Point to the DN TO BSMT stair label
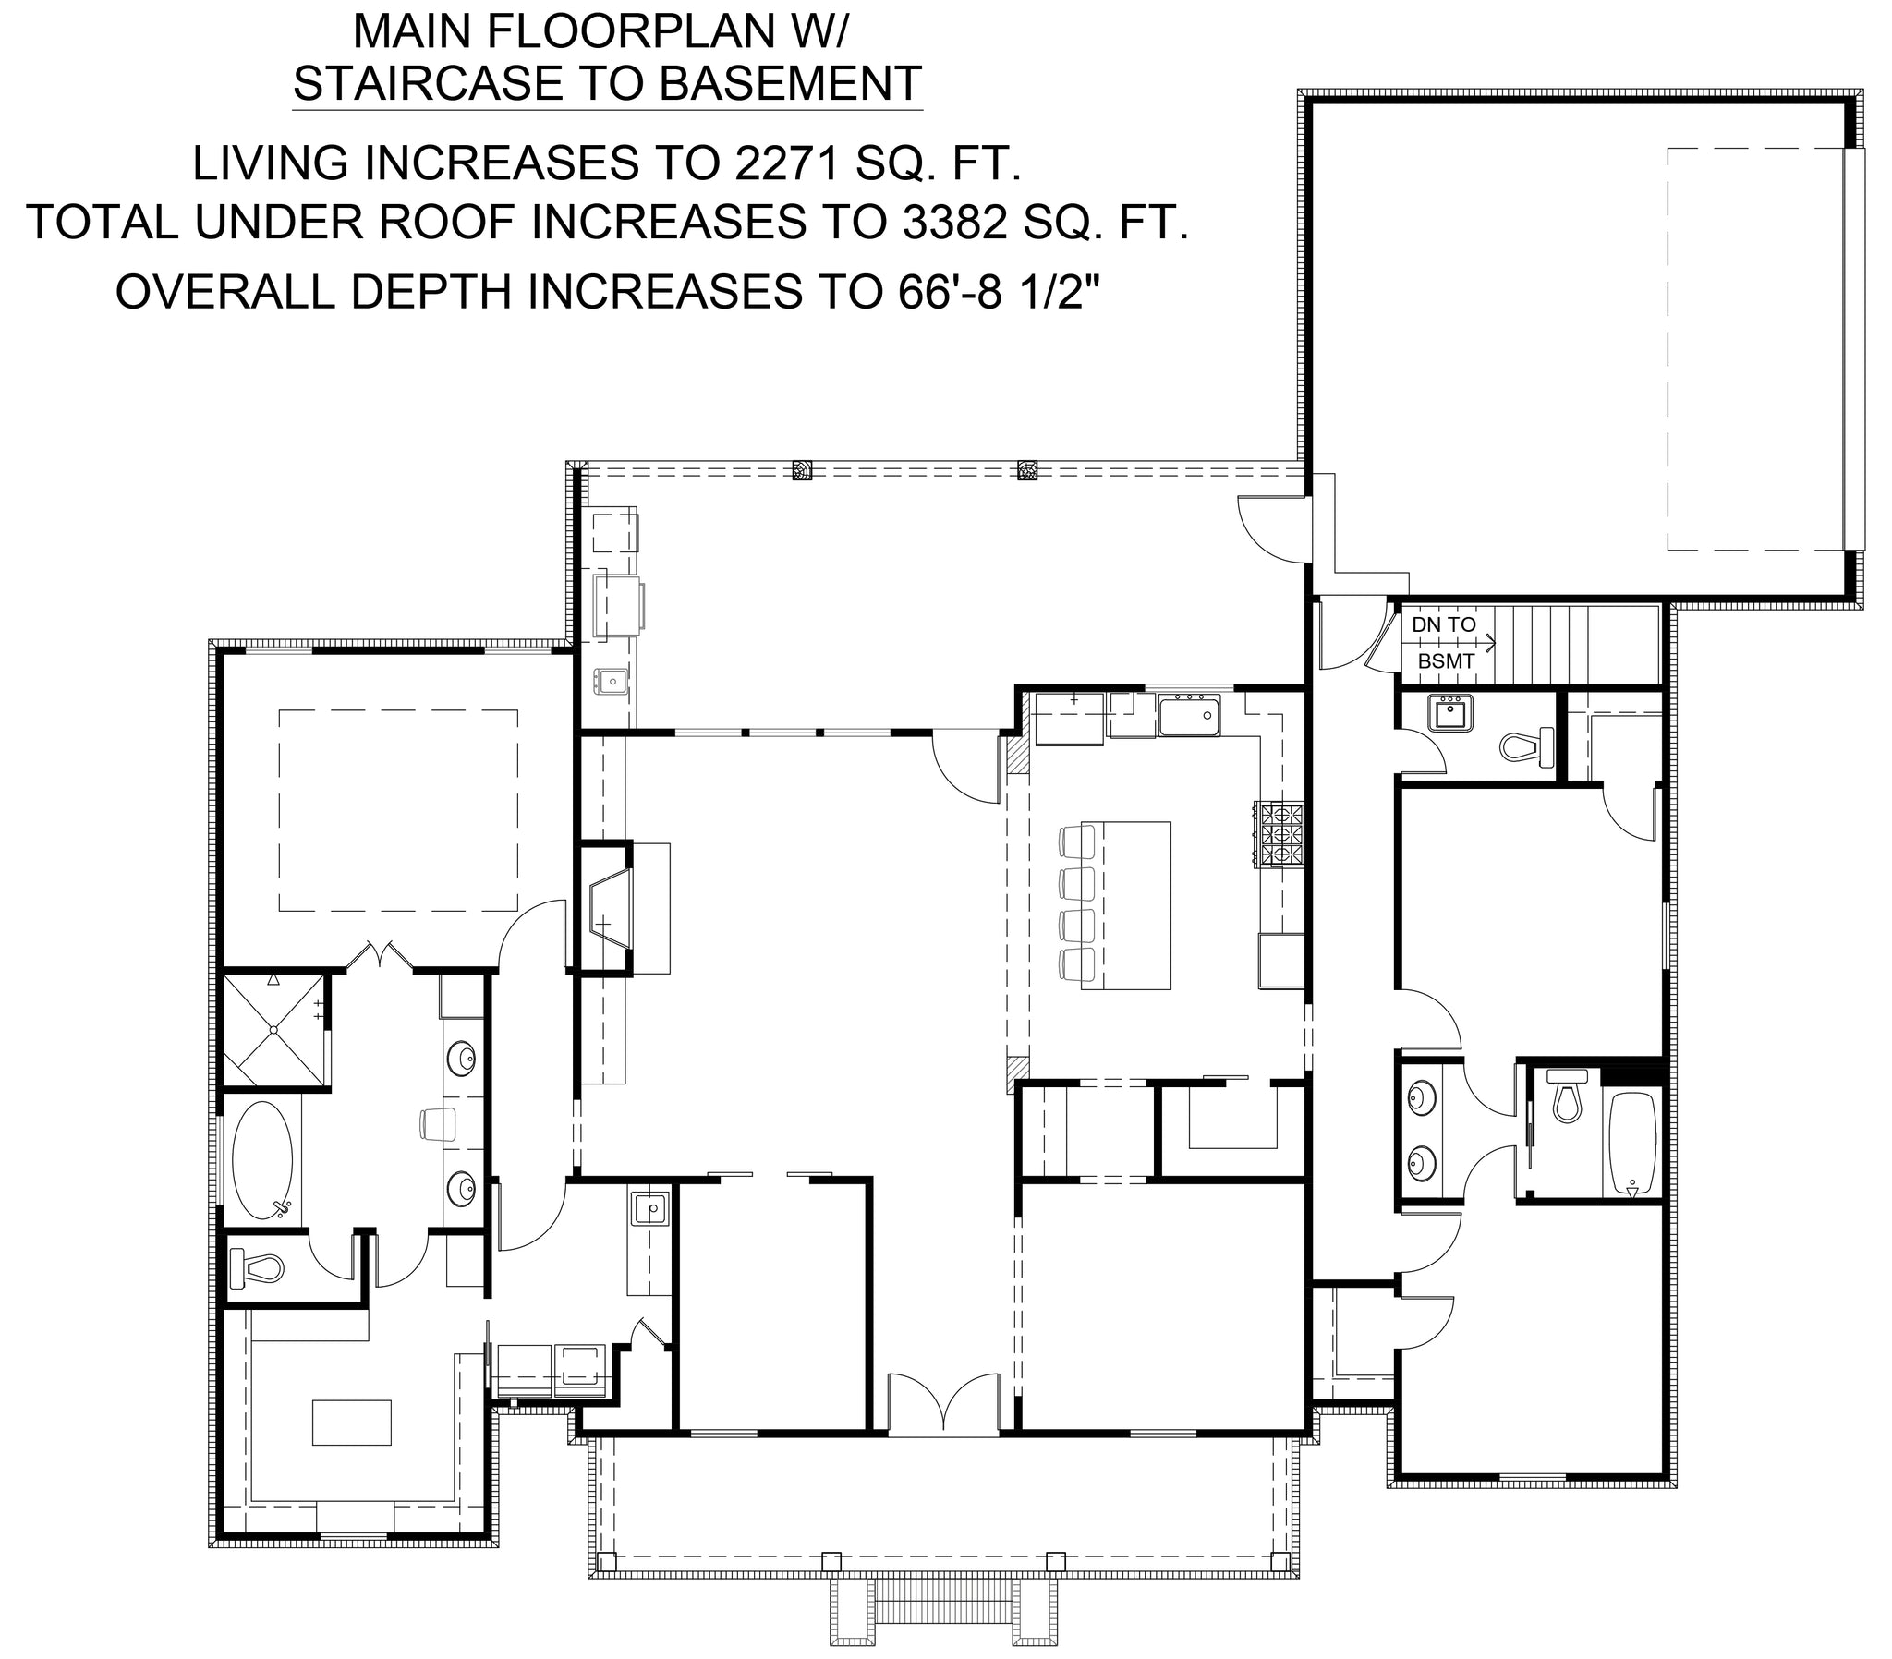[1443, 644]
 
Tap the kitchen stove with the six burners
[1280, 834]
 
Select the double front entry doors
[943, 1404]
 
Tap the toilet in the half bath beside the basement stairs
[1528, 746]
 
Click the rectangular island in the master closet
[352, 1422]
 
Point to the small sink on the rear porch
[611, 683]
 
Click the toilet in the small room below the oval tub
[255, 1267]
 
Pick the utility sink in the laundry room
[650, 1209]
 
